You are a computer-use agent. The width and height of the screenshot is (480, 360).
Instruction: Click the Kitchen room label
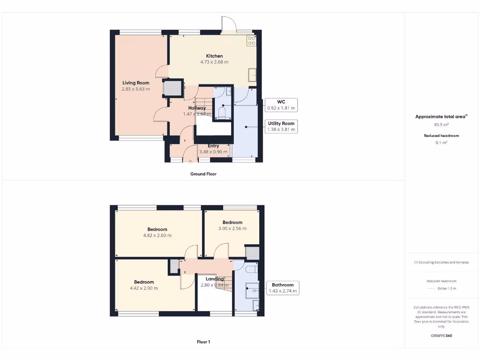[x=214, y=56]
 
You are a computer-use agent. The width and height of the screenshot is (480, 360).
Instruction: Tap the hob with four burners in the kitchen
[x=251, y=41]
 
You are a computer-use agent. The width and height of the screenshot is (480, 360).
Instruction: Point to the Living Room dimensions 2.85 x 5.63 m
[x=136, y=89]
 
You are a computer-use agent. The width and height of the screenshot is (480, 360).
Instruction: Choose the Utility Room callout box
[x=281, y=127]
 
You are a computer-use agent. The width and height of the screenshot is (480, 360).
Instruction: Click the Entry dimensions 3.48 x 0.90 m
[x=213, y=152]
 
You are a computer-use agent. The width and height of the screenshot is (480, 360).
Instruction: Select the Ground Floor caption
[x=203, y=174]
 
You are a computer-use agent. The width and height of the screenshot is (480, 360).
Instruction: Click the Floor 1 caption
[x=203, y=342]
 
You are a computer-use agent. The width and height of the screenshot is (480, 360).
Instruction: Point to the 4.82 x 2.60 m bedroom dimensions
[x=155, y=236]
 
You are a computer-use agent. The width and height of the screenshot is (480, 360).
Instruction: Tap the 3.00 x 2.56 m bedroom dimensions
[x=232, y=229]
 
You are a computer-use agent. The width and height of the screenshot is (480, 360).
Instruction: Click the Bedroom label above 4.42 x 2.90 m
[x=144, y=282]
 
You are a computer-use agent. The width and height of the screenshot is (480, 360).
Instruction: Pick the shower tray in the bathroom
[x=253, y=290]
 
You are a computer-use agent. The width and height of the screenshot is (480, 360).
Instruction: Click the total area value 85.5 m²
[x=441, y=125]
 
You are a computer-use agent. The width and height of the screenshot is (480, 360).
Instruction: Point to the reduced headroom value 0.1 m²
[x=441, y=142]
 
